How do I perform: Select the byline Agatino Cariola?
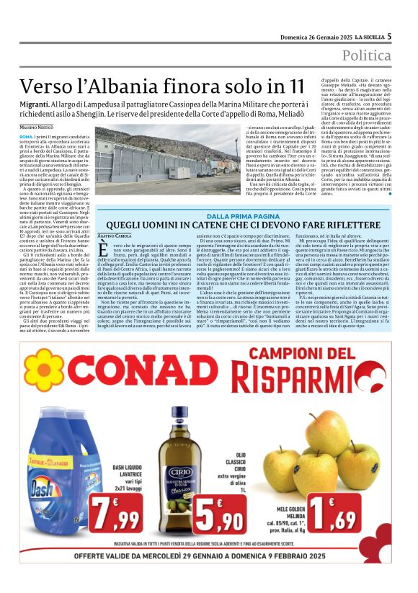[115, 235]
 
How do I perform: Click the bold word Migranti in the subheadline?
[37, 104]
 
